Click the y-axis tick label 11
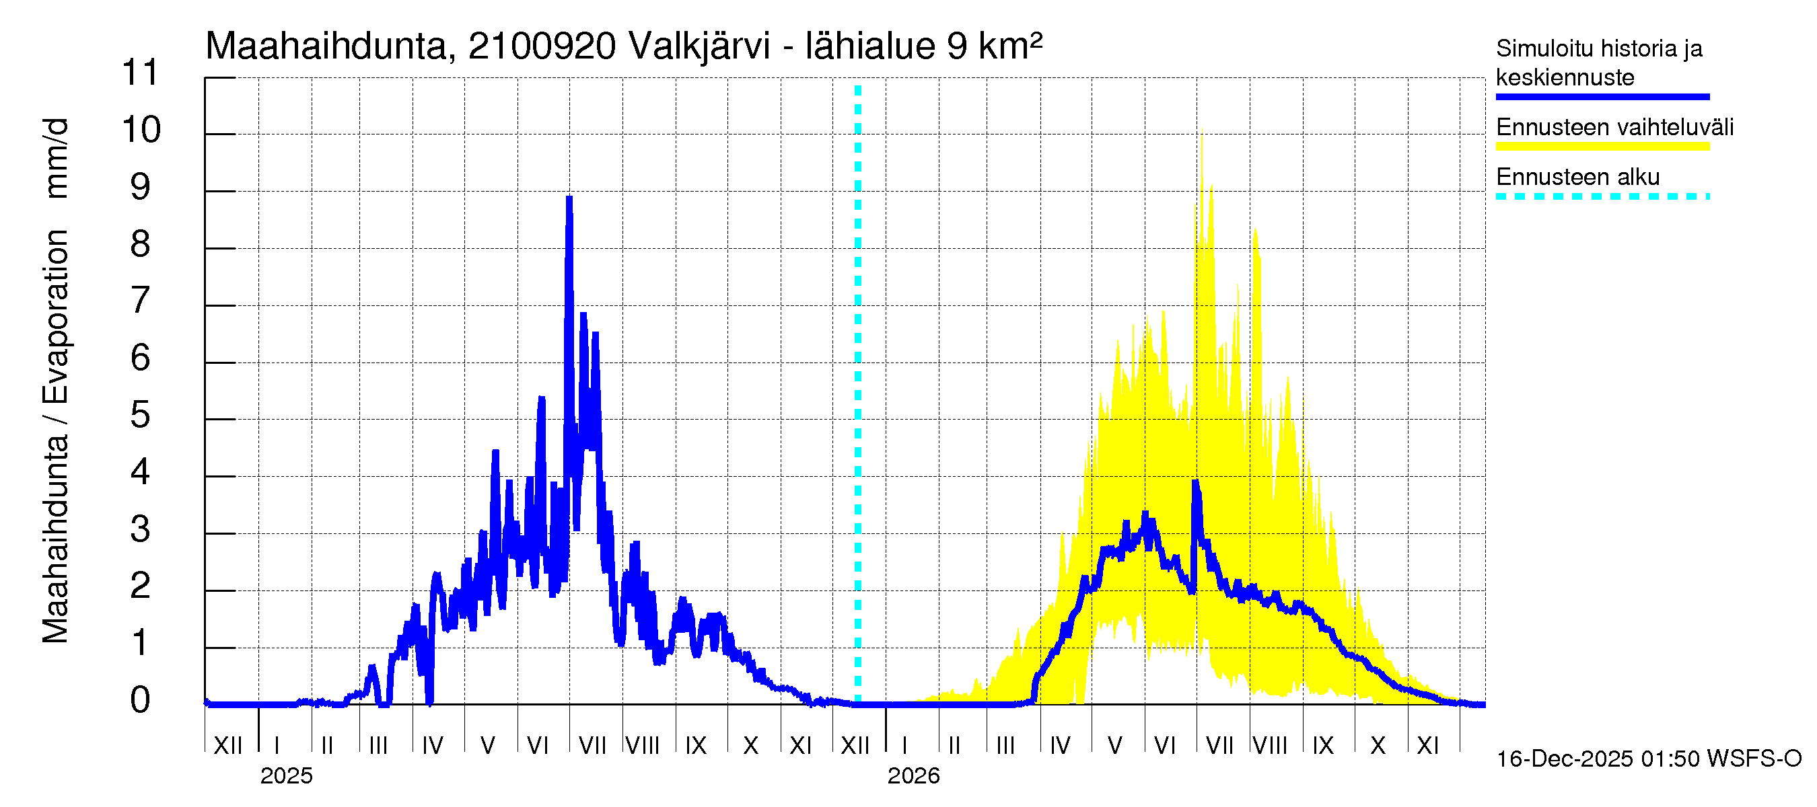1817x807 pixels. [141, 72]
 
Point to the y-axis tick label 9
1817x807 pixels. [141, 187]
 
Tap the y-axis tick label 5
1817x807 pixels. [141, 415]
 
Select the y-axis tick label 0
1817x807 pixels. [141, 700]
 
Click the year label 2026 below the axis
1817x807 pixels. [913, 776]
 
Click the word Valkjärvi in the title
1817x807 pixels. [699, 46]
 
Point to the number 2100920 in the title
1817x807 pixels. [542, 46]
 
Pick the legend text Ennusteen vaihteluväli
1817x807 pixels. [1614, 128]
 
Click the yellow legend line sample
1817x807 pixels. [1602, 147]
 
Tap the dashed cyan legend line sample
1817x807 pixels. [1602, 196]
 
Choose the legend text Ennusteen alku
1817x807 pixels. [1577, 177]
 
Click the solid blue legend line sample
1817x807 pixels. [1602, 97]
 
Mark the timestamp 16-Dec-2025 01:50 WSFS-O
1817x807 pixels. [1648, 759]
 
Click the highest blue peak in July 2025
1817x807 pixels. [569, 199]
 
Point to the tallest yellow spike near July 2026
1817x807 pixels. [1202, 132]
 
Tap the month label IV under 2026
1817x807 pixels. [1059, 745]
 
